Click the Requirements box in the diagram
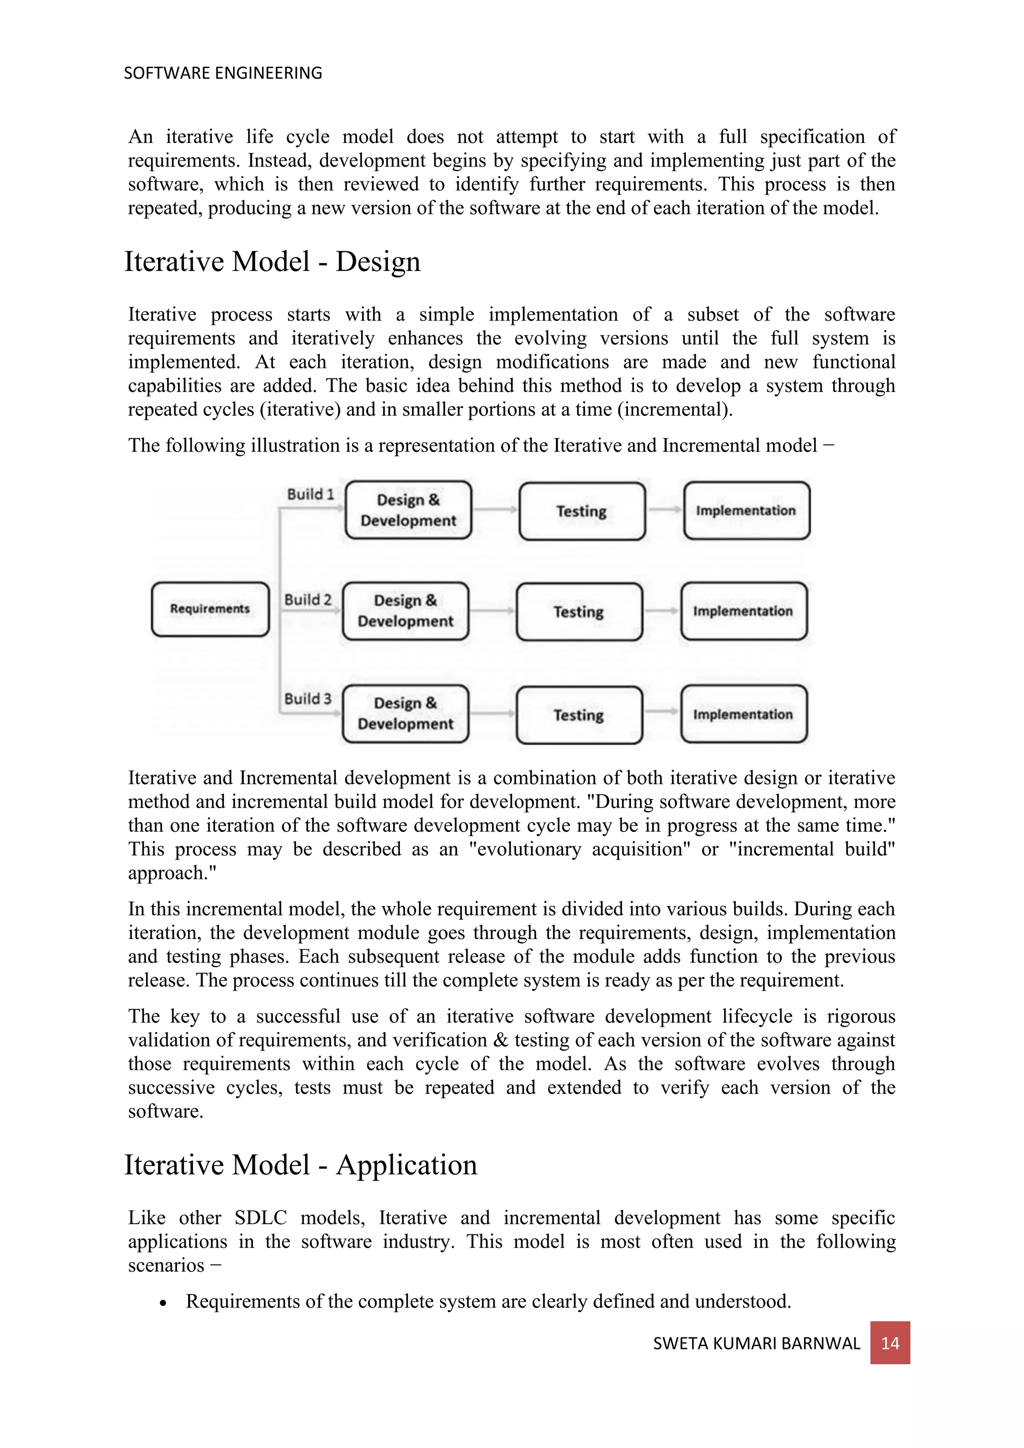point(210,608)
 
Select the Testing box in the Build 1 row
point(581,511)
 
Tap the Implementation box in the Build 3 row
point(743,714)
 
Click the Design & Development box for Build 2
point(405,610)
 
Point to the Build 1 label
point(310,494)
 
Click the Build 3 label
point(307,699)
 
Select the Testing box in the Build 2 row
point(579,611)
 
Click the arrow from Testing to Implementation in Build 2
point(661,610)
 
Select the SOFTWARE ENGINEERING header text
point(222,73)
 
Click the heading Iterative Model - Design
point(272,261)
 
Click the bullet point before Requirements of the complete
point(163,1303)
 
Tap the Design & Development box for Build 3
point(405,713)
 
